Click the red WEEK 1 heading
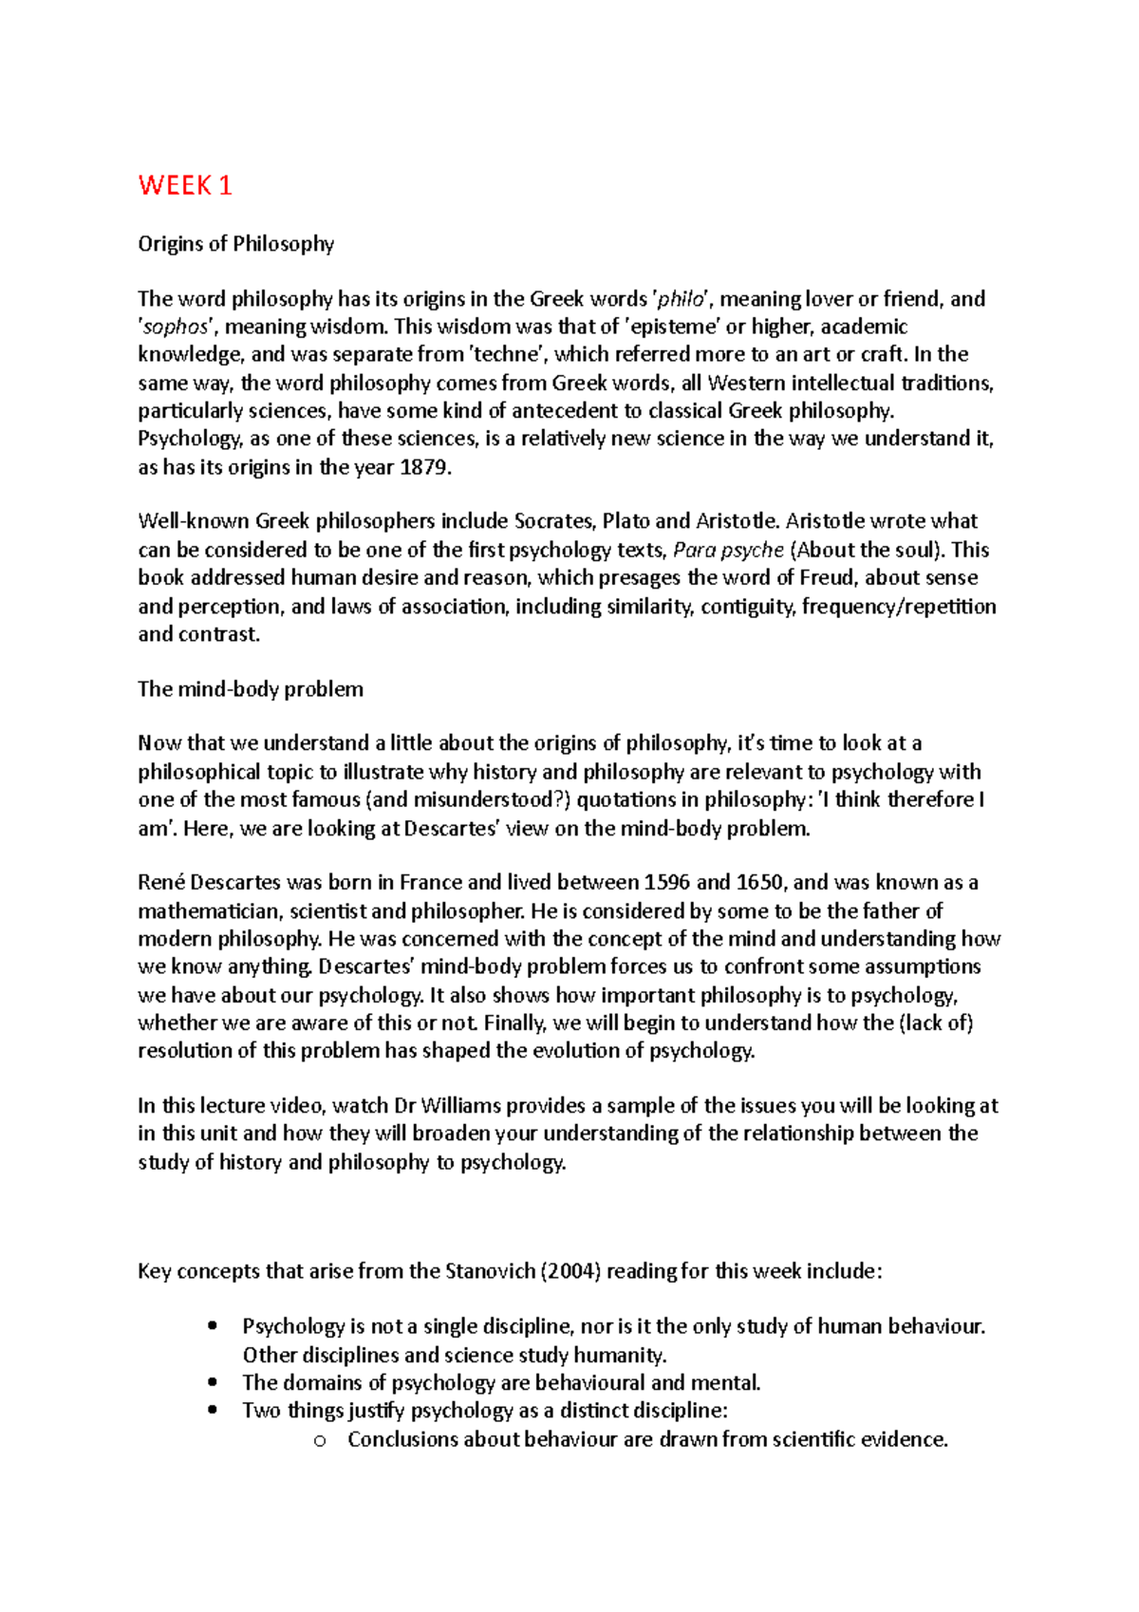tap(185, 185)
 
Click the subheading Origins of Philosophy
tap(235, 244)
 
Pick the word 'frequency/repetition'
tap(899, 607)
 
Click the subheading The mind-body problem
tap(251, 689)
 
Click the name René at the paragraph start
tap(160, 883)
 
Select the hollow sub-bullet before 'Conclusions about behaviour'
tap(319, 1441)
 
